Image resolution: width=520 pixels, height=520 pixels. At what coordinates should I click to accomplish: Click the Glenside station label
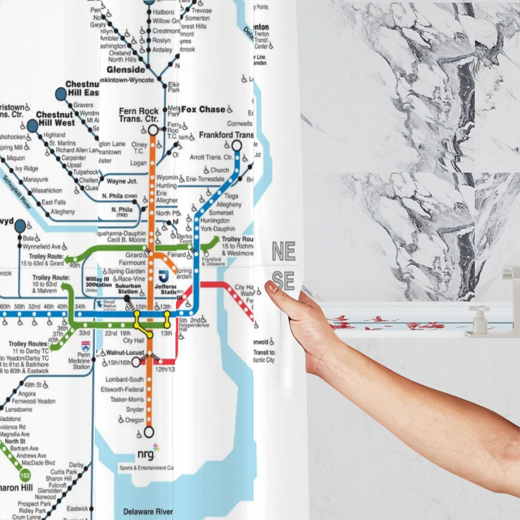point(126,69)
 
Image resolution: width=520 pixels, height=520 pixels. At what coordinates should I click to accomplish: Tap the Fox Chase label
point(203,110)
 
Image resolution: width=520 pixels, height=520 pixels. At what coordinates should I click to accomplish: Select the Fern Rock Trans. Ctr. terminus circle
point(153,130)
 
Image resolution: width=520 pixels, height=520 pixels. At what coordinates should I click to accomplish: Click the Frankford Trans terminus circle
point(236,145)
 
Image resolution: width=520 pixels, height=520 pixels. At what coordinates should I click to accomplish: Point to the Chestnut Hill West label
point(55,119)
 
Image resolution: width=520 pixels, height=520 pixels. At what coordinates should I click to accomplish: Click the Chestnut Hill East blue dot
point(61,94)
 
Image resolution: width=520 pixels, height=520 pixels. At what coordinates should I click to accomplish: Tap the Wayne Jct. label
point(122,182)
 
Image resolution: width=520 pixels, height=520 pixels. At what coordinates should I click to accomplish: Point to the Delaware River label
point(148,511)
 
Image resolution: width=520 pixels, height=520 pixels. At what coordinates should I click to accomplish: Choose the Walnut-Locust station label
point(126,353)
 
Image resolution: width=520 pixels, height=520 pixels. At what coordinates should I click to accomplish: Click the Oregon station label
point(134,420)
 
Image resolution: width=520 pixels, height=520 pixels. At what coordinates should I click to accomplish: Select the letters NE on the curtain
point(284,251)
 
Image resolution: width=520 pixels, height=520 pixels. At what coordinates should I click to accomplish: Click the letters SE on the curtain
point(283,280)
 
